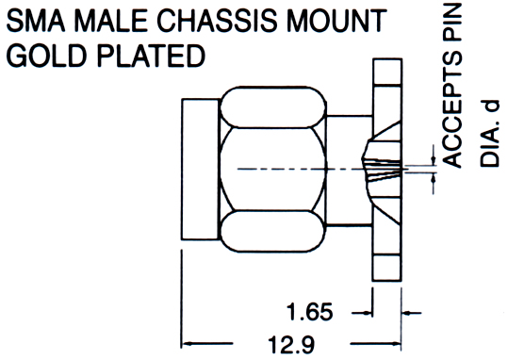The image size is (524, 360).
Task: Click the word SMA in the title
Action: point(36,21)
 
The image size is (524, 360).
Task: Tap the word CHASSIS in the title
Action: point(217,21)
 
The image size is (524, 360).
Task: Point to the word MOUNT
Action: point(336,21)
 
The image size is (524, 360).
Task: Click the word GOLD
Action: point(46,56)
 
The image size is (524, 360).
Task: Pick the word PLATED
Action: point(151,56)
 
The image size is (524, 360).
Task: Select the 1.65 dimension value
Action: point(310,312)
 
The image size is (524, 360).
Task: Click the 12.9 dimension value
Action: point(291,345)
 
